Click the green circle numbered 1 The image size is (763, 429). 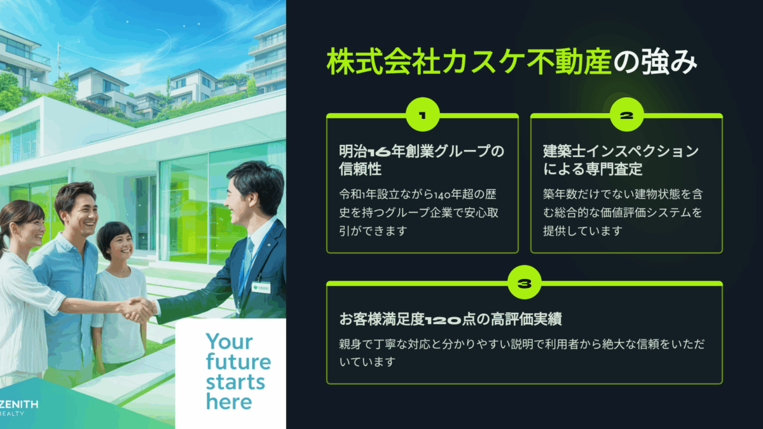click(422, 115)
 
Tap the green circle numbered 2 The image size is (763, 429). click(626, 115)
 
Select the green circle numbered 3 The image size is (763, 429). click(524, 282)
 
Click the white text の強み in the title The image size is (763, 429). click(656, 62)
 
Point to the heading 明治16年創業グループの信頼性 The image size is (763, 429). click(422, 160)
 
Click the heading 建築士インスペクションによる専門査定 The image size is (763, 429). click(621, 160)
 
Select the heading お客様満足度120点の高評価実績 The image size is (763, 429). click(450, 319)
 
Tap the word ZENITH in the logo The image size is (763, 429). click(18, 404)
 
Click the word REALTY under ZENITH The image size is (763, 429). click(12, 414)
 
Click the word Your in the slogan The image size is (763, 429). click(230, 341)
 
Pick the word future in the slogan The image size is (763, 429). click(238, 362)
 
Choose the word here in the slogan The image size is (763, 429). click(229, 402)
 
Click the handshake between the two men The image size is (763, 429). click(140, 309)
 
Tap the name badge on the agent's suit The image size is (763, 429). click(261, 287)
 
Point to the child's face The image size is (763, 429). click(120, 247)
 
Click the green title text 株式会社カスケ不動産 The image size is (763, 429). click(469, 62)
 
